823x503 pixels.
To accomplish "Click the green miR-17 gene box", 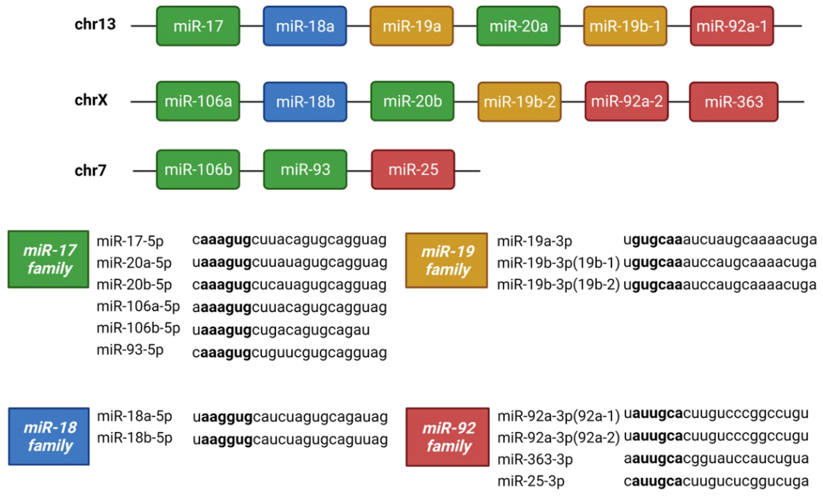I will (198, 26).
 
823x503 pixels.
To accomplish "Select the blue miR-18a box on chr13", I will (305, 26).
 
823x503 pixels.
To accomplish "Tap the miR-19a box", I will (411, 26).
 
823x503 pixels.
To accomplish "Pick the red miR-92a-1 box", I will (732, 26).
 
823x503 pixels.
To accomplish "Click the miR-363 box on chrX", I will (734, 102).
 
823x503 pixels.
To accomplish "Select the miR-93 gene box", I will (305, 170).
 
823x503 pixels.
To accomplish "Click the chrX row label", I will (91, 100).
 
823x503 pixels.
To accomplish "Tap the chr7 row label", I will (90, 171).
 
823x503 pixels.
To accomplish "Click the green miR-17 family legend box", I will (49, 259).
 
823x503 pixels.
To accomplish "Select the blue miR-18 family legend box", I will (49, 436).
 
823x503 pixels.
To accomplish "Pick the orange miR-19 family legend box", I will (447, 260).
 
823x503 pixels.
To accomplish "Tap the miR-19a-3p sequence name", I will (534, 241).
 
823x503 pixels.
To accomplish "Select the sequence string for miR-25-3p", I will (716, 481).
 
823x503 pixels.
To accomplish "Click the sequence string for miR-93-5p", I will (289, 353).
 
